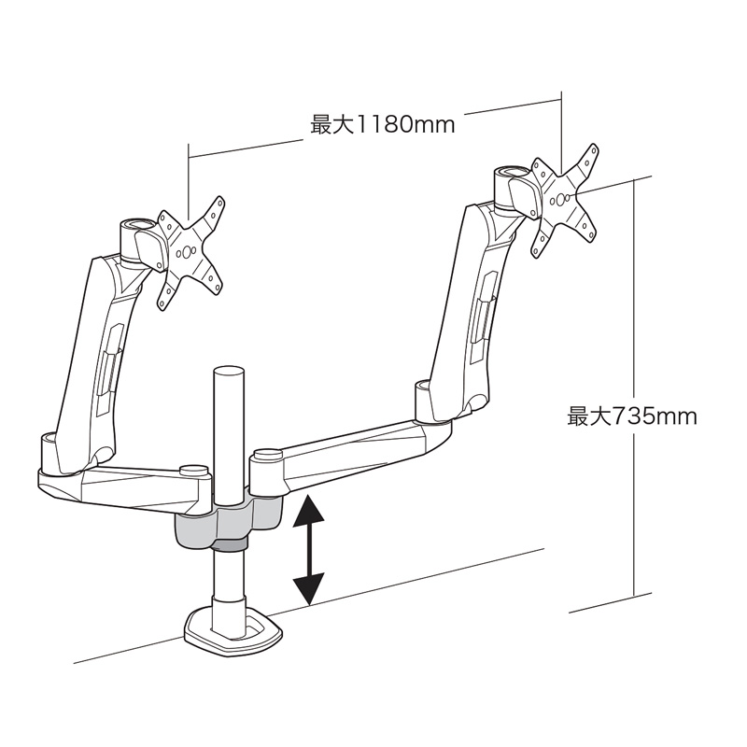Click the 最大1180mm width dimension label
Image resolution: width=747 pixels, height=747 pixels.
(383, 125)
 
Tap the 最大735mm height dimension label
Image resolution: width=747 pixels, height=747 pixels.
(632, 416)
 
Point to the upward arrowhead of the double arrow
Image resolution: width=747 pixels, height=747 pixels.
(309, 511)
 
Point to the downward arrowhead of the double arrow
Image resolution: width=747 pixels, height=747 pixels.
(309, 589)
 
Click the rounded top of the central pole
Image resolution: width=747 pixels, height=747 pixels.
(230, 373)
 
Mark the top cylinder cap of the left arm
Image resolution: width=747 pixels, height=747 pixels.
(137, 224)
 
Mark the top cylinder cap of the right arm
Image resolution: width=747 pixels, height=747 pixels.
(512, 172)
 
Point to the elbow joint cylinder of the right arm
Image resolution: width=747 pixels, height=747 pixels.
(424, 401)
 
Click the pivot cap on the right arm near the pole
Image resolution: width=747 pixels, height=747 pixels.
(268, 455)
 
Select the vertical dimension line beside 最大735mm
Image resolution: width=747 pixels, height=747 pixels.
(634, 387)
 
